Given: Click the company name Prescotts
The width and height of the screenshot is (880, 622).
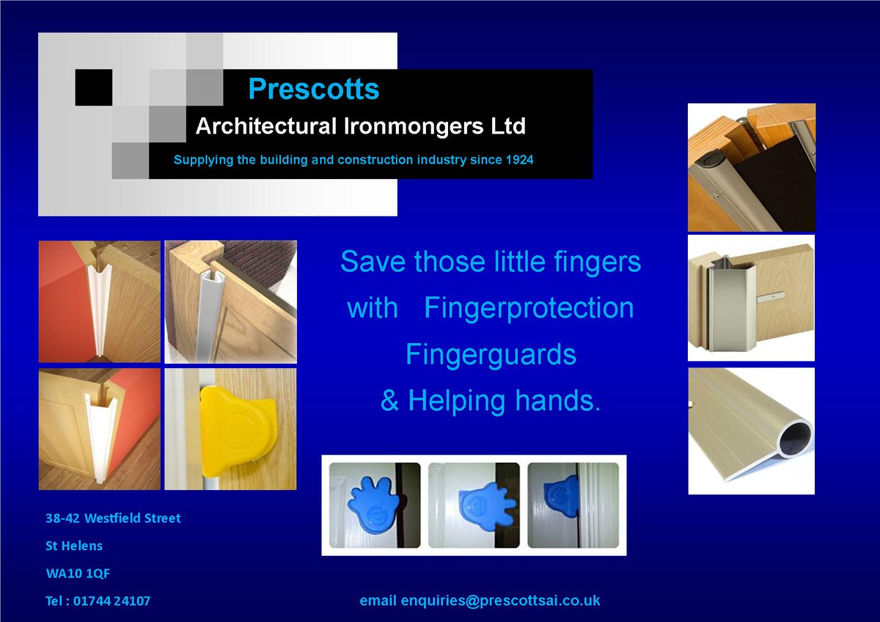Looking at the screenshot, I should pyautogui.click(x=314, y=89).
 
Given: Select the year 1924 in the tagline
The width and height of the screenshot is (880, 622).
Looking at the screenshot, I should pyautogui.click(x=518, y=159).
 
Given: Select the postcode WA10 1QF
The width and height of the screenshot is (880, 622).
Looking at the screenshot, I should pyautogui.click(x=78, y=574).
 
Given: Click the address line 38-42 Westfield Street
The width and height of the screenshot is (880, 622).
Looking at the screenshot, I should pyautogui.click(x=113, y=519).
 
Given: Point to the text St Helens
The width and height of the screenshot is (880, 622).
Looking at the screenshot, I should pyautogui.click(x=74, y=546).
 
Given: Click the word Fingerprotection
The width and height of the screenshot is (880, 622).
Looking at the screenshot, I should pyautogui.click(x=529, y=308).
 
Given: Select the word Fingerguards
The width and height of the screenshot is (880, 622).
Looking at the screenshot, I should pyautogui.click(x=491, y=355).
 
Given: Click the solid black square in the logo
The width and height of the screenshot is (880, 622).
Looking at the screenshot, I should pyautogui.click(x=93, y=87).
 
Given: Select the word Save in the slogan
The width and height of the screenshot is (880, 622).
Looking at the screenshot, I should pyautogui.click(x=373, y=262).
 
